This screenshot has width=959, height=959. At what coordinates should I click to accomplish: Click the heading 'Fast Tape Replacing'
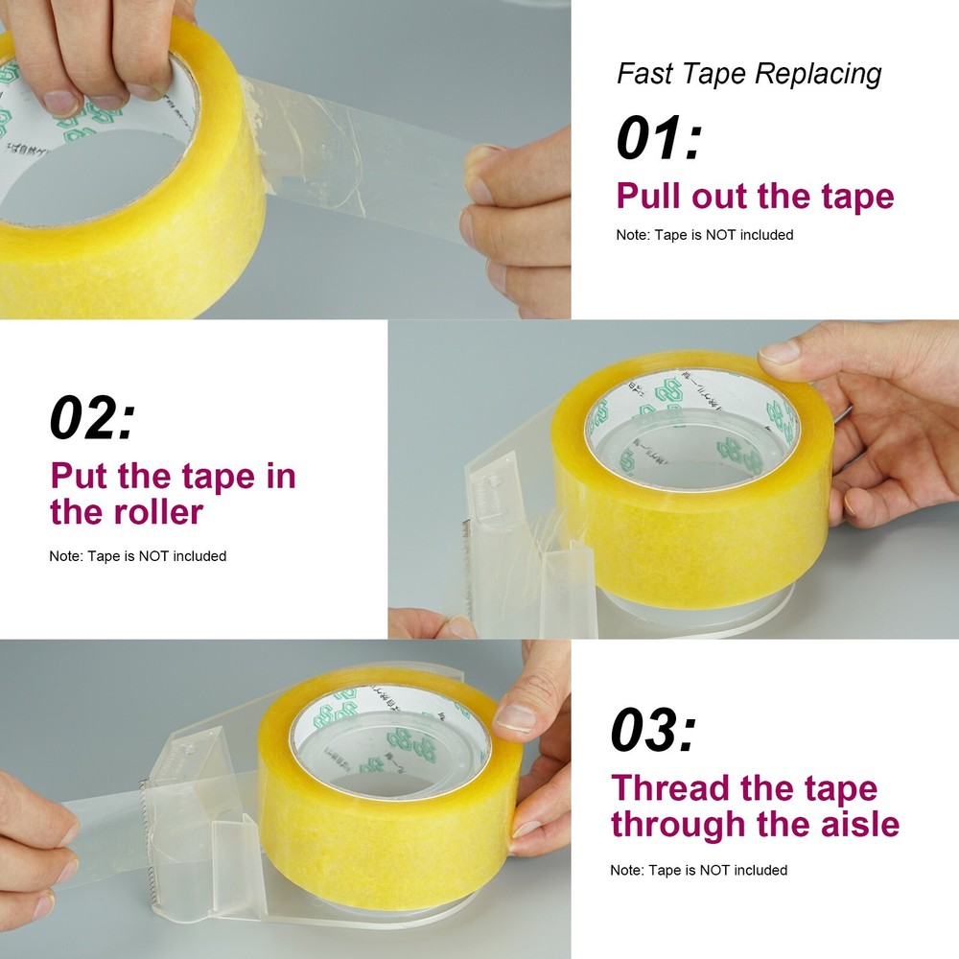point(749,74)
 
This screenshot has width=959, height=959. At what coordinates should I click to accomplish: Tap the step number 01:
point(659,138)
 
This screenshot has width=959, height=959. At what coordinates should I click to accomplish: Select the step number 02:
point(92,419)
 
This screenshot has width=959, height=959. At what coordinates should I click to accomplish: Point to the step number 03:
point(653,732)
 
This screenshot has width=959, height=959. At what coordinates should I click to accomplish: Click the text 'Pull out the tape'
point(755,197)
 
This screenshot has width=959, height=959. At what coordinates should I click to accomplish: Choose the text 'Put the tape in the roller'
point(173,494)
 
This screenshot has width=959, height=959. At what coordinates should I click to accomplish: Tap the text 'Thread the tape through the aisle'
point(755,806)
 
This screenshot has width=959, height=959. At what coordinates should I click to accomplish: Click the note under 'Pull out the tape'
point(704,235)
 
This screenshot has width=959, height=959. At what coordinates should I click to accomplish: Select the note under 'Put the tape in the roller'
point(138,556)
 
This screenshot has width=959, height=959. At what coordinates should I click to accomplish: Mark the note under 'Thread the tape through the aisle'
point(698,870)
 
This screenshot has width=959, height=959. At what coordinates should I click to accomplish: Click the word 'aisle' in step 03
point(851,824)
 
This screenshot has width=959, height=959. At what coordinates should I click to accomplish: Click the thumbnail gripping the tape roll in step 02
point(779,352)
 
